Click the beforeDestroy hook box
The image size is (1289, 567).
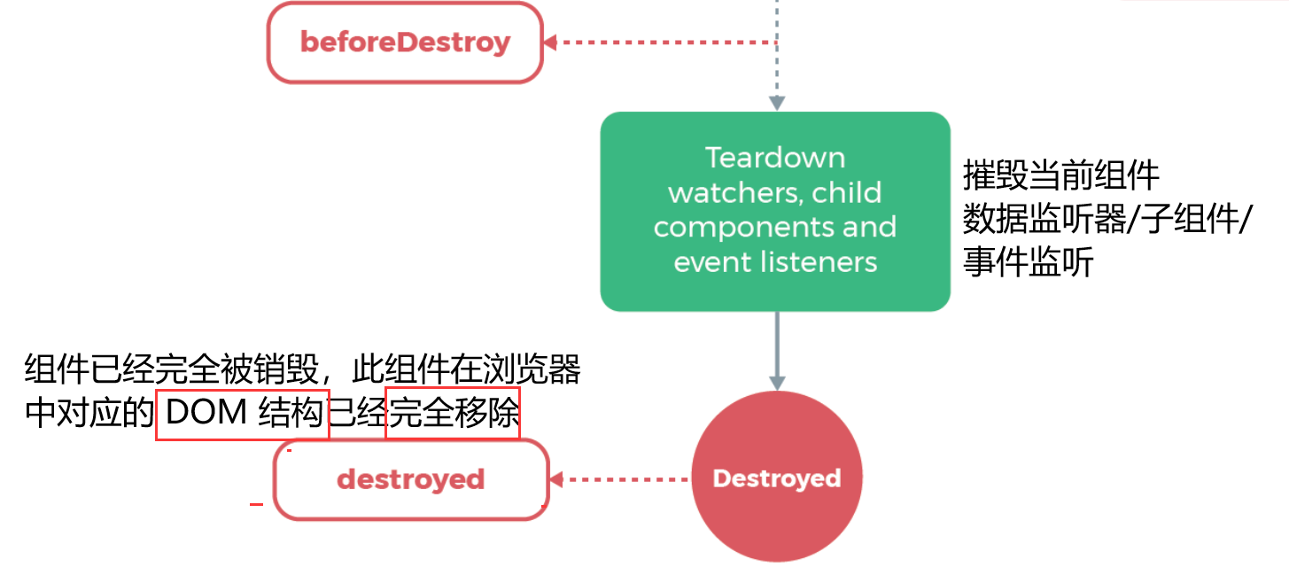405,43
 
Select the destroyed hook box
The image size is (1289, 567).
410,480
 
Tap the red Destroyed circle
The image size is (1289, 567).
776,479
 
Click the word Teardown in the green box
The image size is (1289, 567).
775,158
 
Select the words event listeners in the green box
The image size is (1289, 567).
775,262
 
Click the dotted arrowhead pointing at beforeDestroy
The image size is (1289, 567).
550,42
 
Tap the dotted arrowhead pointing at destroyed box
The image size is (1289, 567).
556,479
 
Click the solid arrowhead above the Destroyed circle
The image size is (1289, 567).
776,383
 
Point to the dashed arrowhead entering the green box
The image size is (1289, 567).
776,104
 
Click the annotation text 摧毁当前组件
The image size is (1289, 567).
1060,176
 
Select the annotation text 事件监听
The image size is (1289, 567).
1028,263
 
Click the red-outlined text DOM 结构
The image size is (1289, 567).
243,414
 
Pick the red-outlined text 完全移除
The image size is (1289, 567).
453,414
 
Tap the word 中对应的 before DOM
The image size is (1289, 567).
89,414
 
